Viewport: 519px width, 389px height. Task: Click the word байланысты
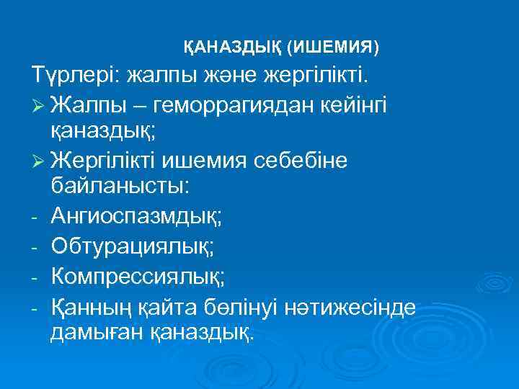click(120, 188)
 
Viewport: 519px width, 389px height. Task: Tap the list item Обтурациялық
click(132, 246)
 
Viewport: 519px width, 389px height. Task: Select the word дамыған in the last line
click(94, 332)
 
